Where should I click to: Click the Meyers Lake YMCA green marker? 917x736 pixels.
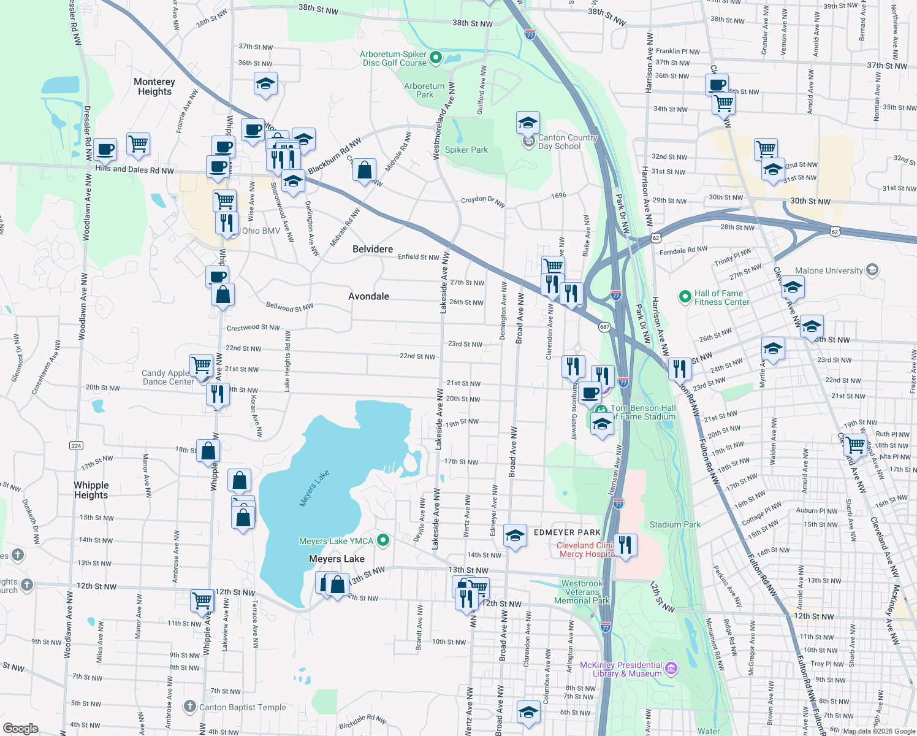point(383,540)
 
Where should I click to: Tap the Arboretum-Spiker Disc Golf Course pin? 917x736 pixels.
point(436,58)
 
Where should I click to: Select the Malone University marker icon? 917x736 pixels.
point(872,270)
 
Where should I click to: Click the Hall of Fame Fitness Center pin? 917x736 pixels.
point(685,297)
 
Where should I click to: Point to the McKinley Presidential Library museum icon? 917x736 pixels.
point(671,668)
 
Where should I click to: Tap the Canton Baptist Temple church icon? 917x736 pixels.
point(190,707)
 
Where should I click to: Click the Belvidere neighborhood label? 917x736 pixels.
point(373,249)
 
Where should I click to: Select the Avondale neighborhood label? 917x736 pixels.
point(368,296)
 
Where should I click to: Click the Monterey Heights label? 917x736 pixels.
point(154,86)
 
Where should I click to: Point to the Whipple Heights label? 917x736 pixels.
point(91,490)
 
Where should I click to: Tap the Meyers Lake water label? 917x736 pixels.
point(314,488)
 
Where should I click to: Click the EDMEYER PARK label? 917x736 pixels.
point(567,532)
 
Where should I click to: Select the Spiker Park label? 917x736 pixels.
point(466,150)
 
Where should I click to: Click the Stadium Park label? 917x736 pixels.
point(675,524)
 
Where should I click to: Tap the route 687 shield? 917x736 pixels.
point(604,327)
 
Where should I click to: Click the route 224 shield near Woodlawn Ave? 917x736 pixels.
point(76,445)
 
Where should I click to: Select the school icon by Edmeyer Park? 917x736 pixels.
point(515,535)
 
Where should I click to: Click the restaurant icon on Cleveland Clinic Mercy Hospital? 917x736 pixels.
point(625,545)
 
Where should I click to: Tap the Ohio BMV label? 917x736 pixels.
point(261,231)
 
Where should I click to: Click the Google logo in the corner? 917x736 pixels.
point(21,728)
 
